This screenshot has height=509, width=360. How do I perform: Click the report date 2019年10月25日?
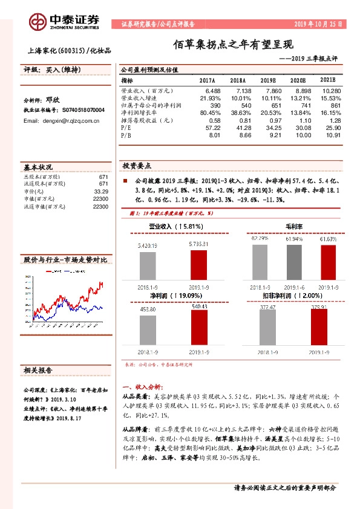pyautogui.click(x=318, y=25)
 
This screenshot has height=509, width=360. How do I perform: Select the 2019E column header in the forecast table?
pyautogui.click(x=268, y=80)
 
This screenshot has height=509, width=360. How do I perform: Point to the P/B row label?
pyautogui.click(x=126, y=135)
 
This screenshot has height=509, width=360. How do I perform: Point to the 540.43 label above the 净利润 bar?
pyautogui.click(x=198, y=306)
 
